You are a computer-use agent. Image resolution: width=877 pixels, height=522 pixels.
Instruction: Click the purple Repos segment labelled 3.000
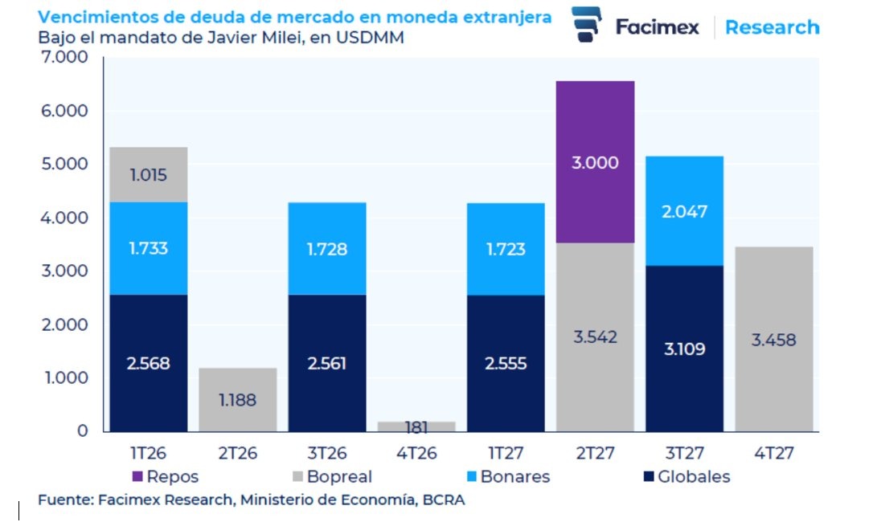(595, 161)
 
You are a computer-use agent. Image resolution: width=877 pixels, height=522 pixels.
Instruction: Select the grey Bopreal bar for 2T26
(238, 399)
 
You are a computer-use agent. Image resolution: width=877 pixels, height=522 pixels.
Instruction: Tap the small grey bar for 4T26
(416, 426)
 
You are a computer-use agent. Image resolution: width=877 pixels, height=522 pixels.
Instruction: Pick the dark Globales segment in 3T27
(683, 349)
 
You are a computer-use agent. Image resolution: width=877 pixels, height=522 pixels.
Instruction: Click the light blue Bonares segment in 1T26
(149, 248)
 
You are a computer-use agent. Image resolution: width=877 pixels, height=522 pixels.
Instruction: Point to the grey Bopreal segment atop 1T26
(149, 174)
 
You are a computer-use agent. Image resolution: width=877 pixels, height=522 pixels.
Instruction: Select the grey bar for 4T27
(773, 339)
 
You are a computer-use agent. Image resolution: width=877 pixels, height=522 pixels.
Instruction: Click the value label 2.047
(683, 211)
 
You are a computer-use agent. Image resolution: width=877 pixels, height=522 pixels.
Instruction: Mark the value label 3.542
(595, 336)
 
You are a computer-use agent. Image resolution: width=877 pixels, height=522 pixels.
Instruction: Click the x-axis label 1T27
(506, 454)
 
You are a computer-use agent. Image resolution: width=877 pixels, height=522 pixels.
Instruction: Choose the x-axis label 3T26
(327, 454)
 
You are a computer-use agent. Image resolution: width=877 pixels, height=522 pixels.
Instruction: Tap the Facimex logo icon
(588, 24)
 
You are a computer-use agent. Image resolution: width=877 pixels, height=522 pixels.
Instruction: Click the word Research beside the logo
(772, 27)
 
